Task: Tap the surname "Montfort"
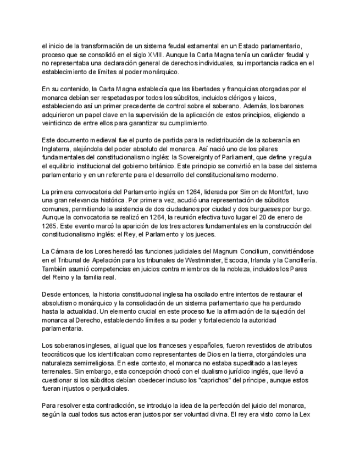(280, 192)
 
